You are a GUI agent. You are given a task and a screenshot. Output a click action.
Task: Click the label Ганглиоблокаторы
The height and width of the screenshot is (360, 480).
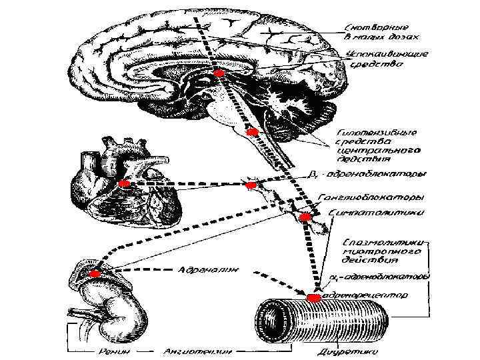tap(371, 198)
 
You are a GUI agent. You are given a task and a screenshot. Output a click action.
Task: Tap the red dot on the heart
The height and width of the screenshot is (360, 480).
tap(123, 183)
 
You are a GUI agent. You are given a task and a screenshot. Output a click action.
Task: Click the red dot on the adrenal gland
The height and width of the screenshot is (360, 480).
tap(94, 274)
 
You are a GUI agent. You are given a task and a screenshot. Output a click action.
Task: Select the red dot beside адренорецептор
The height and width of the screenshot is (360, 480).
tap(313, 296)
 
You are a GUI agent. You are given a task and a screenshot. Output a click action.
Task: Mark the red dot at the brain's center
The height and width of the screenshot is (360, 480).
tap(219, 73)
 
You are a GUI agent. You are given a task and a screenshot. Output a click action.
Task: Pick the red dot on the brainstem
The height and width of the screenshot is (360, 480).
tap(251, 132)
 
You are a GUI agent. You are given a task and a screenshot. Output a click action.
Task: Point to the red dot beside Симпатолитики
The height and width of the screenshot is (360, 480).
tap(305, 217)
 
